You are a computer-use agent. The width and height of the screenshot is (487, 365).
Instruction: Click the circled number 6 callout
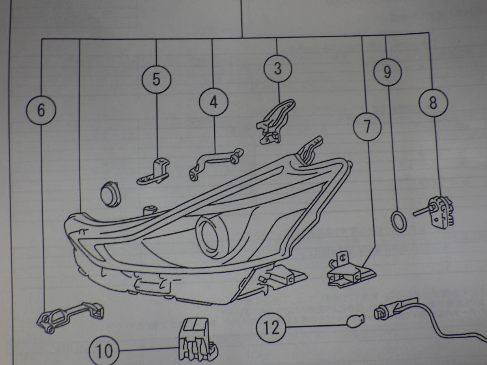click(41, 110)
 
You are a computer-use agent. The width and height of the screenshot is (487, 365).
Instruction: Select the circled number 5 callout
click(156, 79)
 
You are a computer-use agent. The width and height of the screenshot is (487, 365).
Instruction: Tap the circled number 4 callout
click(213, 102)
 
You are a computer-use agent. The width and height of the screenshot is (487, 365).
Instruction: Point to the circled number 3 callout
click(278, 69)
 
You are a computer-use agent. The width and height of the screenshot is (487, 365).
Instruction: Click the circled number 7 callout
click(367, 127)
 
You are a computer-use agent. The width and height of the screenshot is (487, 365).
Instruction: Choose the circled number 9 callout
click(388, 72)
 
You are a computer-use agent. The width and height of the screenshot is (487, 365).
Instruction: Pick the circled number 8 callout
click(433, 103)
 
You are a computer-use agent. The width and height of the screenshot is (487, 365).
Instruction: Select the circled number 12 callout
click(271, 328)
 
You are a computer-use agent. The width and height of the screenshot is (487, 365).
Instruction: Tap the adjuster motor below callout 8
click(435, 212)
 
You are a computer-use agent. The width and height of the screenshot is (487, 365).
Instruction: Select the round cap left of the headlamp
click(110, 194)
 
